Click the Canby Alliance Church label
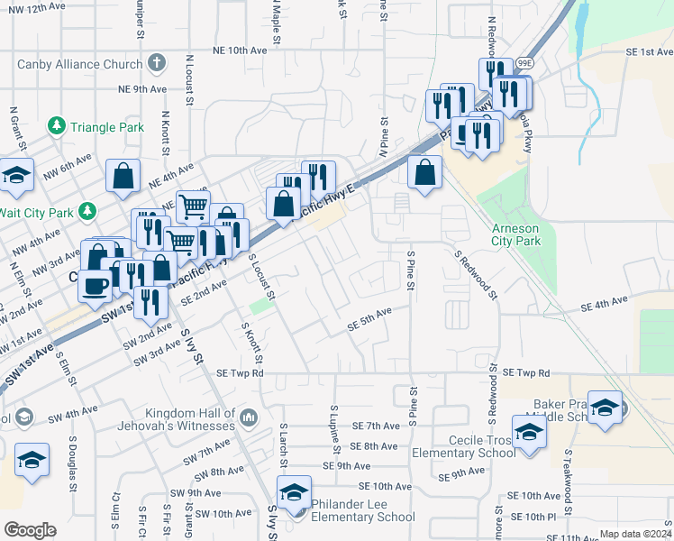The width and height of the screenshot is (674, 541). [x=79, y=64]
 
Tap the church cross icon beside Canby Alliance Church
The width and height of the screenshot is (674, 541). [x=157, y=63]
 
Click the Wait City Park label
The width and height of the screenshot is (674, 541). [x=34, y=211]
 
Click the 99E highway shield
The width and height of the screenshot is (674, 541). [x=525, y=64]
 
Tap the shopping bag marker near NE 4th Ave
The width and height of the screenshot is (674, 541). [x=123, y=177]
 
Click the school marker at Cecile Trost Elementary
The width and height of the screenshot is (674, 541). [x=529, y=433]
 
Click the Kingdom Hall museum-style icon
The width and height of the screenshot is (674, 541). [x=249, y=417]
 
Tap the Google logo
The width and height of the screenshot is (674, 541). [x=30, y=530]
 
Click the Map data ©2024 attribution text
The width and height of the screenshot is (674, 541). [x=635, y=534]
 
